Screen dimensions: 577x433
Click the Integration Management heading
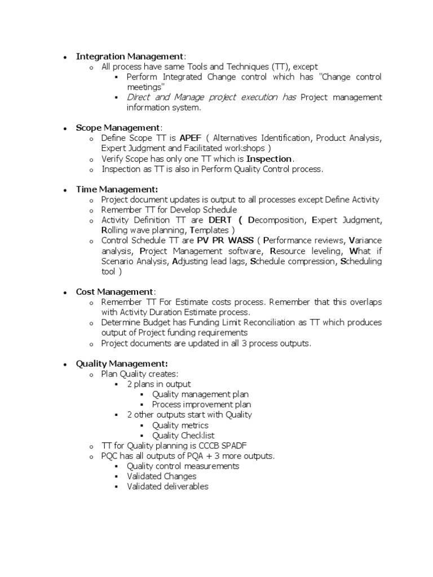coord(130,56)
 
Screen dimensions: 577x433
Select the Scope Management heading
coord(118,128)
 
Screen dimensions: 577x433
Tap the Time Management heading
coord(117,189)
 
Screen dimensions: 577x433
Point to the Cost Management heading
coord(114,292)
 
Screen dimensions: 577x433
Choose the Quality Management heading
coord(122,363)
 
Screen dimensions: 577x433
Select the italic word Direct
coord(138,97)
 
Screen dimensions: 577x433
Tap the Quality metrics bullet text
coord(180,425)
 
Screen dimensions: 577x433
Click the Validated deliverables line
coord(167,487)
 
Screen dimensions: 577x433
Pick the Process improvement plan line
coord(201,405)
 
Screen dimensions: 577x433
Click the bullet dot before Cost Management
coord(66,292)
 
